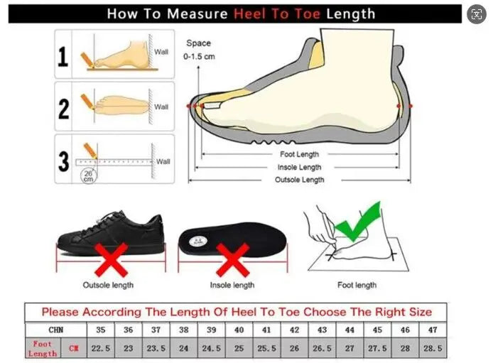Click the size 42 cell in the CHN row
[294, 330]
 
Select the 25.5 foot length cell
[266, 348]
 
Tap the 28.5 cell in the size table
[433, 348]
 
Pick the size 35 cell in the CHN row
[101, 330]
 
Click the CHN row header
[56, 330]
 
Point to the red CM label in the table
[74, 348]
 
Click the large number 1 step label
[63, 57]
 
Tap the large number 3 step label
[63, 161]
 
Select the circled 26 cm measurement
[88, 176]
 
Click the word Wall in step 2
[161, 107]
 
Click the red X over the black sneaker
[111, 259]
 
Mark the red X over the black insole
[233, 259]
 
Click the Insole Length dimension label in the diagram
[299, 167]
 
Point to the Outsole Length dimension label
[299, 180]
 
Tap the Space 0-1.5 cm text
[199, 50]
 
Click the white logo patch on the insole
[198, 242]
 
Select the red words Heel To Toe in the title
[277, 14]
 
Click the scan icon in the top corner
[477, 14]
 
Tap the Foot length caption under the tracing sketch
[357, 285]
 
